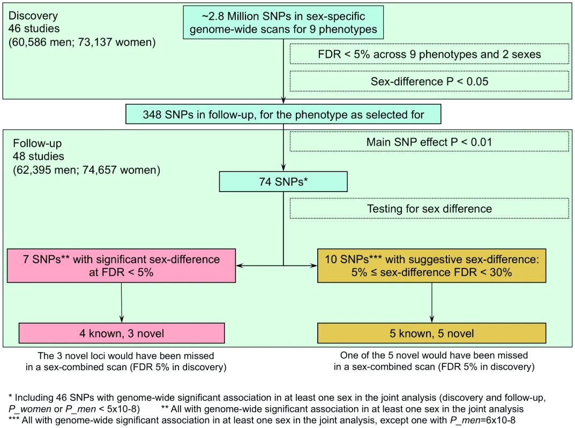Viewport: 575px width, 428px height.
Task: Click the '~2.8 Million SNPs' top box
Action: point(283,22)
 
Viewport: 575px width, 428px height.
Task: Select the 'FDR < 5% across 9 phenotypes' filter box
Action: point(429,54)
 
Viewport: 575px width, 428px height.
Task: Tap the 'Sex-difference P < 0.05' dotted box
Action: point(429,81)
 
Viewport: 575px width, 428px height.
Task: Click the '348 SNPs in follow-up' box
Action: point(283,114)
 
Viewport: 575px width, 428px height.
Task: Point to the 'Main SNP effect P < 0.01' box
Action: point(429,142)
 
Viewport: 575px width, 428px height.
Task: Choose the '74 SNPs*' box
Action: point(283,181)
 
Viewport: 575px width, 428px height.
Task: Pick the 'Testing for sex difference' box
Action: point(429,208)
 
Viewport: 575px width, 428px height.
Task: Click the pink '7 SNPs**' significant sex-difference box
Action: point(122,266)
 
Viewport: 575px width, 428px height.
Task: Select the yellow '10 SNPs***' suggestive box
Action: point(431,266)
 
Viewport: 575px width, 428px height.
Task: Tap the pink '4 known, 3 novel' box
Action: point(122,333)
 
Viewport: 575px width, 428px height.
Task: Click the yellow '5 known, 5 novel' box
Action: point(431,333)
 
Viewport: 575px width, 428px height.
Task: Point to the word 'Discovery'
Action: point(33,16)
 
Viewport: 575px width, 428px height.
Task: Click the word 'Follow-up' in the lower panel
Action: point(37,143)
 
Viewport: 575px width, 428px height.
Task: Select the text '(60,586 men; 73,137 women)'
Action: point(82,42)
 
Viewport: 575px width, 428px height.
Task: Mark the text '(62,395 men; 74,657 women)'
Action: point(86,170)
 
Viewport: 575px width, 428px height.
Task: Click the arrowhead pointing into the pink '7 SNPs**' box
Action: point(240,265)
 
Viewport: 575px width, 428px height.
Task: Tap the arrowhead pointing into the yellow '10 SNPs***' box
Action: point(313,265)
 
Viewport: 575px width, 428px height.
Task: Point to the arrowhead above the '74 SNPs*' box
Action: point(283,167)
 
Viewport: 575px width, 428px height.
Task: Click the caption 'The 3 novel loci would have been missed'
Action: point(126,356)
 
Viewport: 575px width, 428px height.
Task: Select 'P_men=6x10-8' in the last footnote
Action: point(483,421)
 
